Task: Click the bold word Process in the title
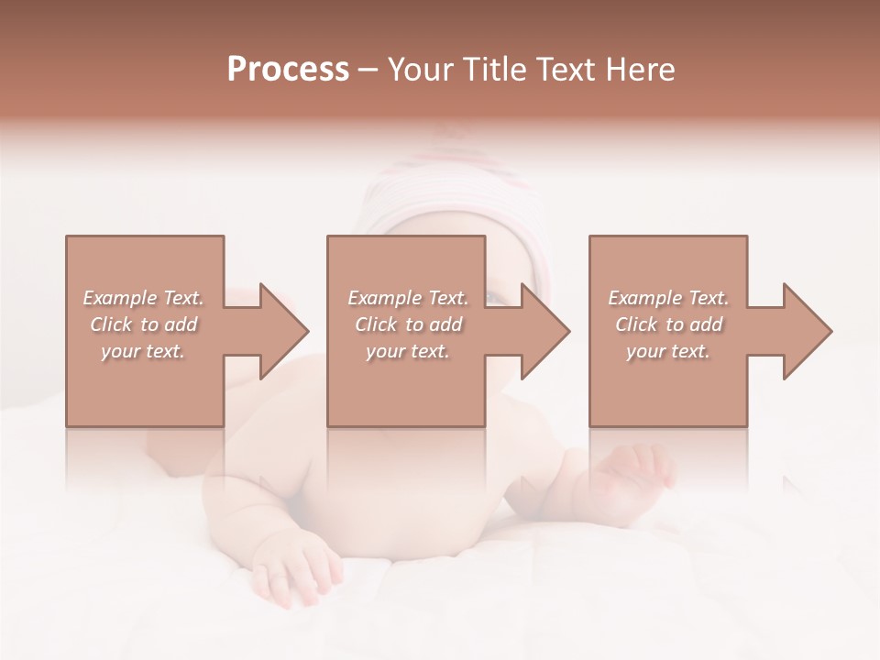tap(288, 70)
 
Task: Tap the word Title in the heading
tap(496, 70)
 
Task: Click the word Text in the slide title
tap(563, 70)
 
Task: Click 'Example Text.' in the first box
tap(144, 298)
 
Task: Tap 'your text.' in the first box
tap(144, 351)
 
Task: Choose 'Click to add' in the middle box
tap(408, 324)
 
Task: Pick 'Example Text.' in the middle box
tap(408, 298)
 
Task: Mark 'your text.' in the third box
tap(668, 351)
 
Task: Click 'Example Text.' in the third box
tap(668, 298)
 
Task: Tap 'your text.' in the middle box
tap(408, 351)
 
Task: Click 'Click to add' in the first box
tap(144, 324)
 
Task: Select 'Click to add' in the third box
tap(668, 324)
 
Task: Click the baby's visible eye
tap(496, 298)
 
